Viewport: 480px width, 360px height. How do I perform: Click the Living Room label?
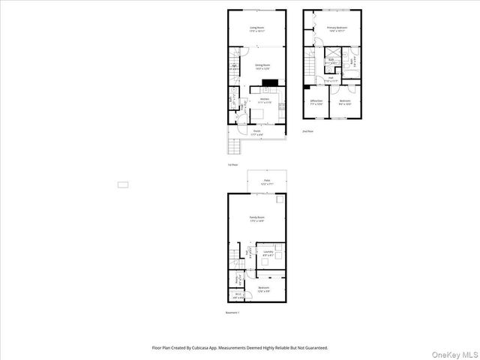(256, 29)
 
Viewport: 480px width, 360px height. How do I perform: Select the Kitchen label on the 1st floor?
(264, 100)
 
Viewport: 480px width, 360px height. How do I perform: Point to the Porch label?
(256, 131)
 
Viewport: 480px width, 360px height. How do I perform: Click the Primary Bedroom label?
(335, 29)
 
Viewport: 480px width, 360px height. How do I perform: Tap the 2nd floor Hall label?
(330, 78)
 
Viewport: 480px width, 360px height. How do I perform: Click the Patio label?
(266, 181)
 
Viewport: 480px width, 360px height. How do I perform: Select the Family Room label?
(257, 218)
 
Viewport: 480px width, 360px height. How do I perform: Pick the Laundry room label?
(268, 254)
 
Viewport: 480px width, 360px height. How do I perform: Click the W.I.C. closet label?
(237, 295)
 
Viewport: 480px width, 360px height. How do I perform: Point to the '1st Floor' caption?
(232, 164)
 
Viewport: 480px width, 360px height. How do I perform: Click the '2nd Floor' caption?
(307, 131)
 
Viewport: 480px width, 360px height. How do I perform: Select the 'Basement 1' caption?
(232, 313)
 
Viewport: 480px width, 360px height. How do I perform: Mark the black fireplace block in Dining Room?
(270, 83)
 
